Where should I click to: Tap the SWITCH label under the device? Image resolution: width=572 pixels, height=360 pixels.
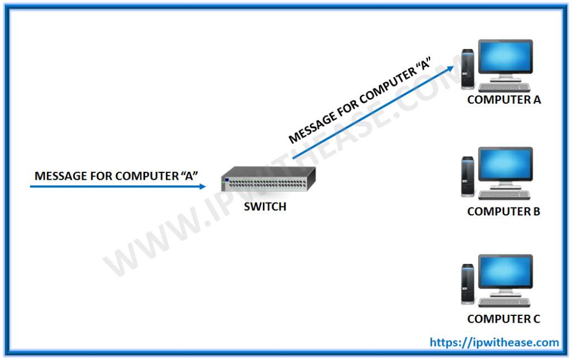coord(265,207)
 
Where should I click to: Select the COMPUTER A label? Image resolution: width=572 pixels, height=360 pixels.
coord(504,100)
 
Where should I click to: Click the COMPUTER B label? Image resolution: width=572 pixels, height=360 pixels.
coord(503,212)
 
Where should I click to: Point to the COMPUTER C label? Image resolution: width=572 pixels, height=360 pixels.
coord(503,319)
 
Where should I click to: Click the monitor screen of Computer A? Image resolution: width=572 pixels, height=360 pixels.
coord(506,59)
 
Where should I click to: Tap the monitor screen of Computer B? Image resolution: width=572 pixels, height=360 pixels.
coord(506,167)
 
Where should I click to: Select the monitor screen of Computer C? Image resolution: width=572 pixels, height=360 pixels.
coord(506,274)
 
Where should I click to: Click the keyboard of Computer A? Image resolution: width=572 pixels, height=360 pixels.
coord(503,87)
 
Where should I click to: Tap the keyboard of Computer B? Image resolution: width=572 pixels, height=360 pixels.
coord(503,194)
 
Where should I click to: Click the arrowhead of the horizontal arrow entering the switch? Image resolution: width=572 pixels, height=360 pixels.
coord(202,186)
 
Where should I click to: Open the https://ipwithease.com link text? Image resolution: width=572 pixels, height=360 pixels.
coord(494,342)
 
